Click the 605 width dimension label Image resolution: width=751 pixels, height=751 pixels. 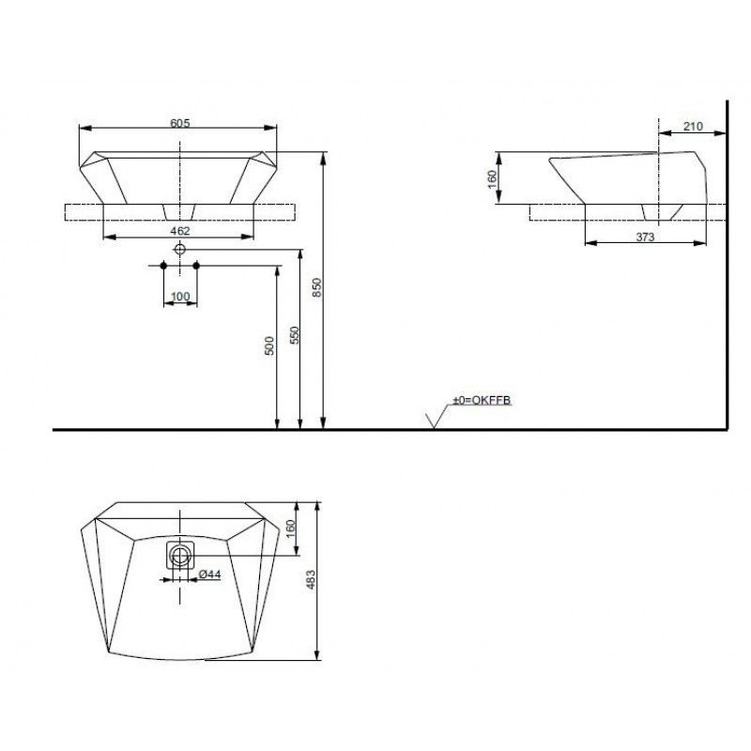coord(180,123)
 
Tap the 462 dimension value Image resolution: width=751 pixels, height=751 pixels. coord(180,231)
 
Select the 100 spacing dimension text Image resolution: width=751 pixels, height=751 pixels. coord(180,297)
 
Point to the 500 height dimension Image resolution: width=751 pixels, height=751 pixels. coord(269,345)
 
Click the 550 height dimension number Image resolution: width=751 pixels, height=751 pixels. coord(295,335)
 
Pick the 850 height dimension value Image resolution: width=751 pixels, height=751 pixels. coord(317,287)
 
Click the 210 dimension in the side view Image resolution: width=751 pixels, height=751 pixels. coord(693,126)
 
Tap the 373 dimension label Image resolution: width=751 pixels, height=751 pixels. coord(645,237)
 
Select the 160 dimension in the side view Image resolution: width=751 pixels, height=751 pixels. coord(492,179)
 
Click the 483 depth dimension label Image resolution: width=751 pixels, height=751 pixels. coord(312,579)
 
